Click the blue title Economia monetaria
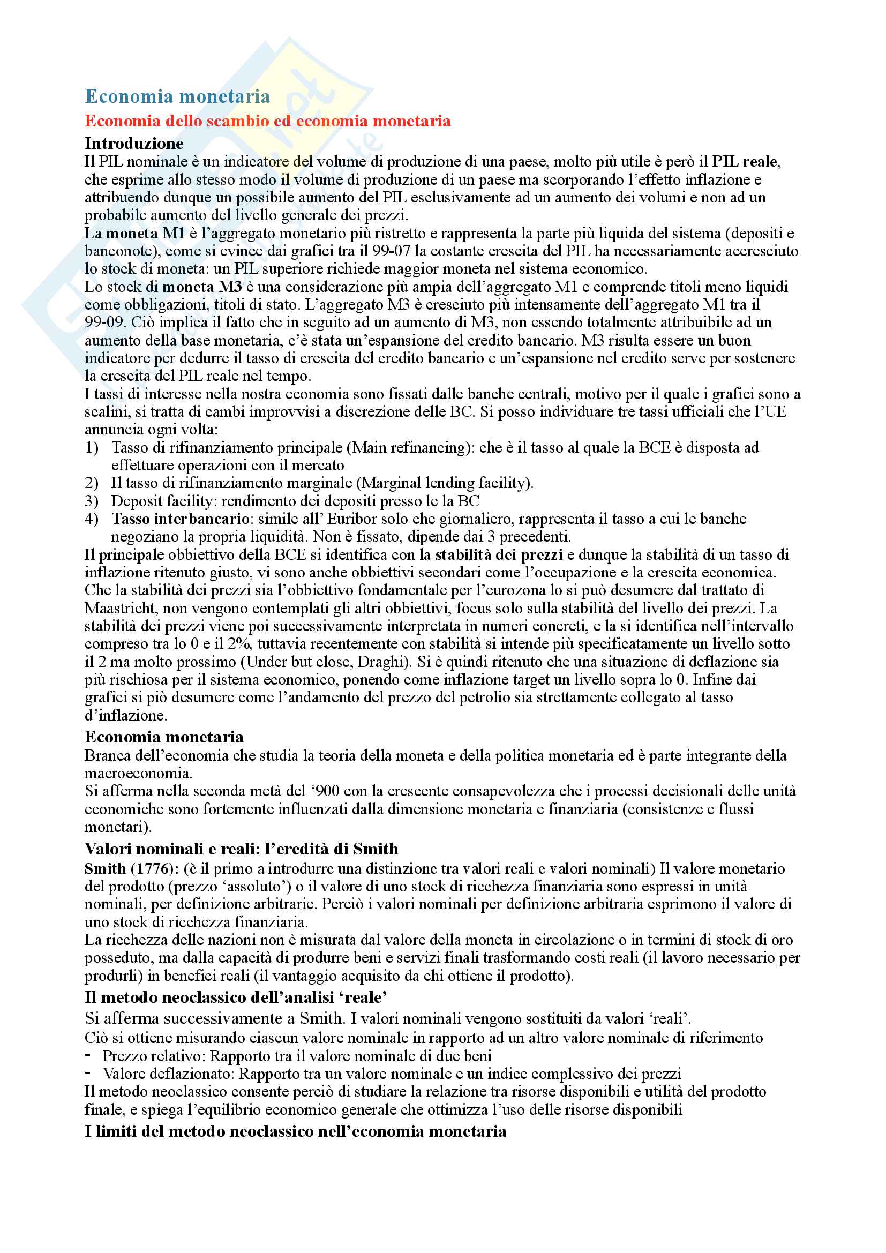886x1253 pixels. point(177,96)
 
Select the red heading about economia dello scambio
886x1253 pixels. point(267,121)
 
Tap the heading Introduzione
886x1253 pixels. point(134,143)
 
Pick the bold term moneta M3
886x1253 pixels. point(202,287)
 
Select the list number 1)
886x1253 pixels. point(92,447)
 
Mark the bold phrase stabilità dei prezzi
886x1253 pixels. point(499,554)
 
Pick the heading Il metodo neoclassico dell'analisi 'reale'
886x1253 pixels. point(236,997)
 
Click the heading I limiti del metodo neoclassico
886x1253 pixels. point(295,1131)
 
